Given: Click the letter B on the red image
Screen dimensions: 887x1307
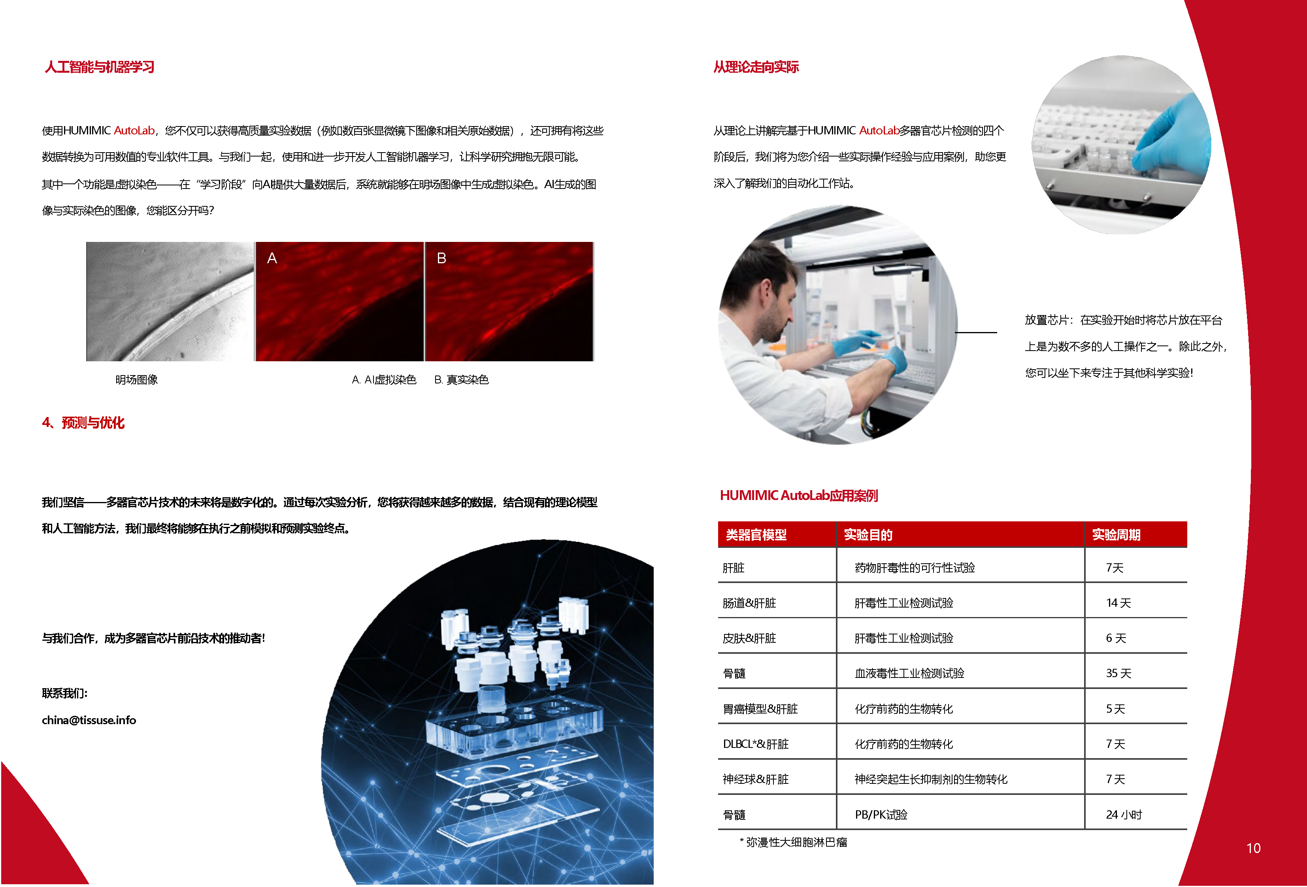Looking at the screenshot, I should [441, 258].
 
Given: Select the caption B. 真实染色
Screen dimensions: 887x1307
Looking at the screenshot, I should [461, 379].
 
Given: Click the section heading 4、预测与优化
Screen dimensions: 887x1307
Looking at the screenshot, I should [83, 423].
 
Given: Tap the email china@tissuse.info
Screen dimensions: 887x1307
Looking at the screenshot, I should [89, 720].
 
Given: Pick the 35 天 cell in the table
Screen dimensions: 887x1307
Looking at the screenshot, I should [1118, 673].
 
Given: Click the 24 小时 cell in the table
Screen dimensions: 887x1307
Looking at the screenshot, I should [1123, 814].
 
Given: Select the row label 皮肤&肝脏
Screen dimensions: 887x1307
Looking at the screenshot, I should [749, 638].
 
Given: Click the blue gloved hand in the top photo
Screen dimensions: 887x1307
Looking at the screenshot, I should [1175, 135].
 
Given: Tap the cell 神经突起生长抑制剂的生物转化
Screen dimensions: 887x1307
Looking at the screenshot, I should [931, 779].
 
